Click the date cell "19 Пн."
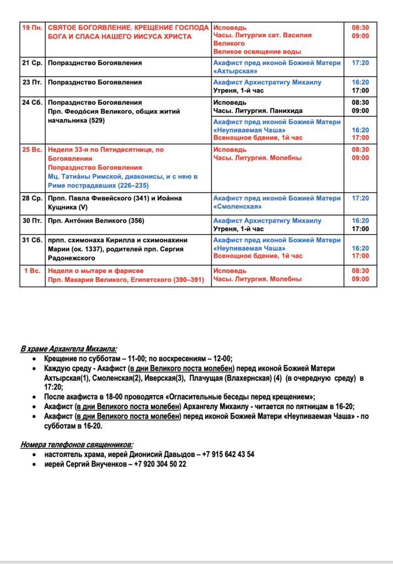[x=33, y=28]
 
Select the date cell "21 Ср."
[x=33, y=63]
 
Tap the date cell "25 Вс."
[x=33, y=150]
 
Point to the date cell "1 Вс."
[x=33, y=271]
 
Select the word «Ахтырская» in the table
[x=236, y=72]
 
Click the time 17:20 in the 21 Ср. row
[x=360, y=63]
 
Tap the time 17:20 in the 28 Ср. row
[x=360, y=198]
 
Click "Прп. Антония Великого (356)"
[x=96, y=221]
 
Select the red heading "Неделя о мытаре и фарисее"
[x=96, y=271]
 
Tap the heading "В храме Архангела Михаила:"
[x=69, y=349]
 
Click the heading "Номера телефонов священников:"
[x=77, y=444]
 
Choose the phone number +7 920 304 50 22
[x=160, y=464]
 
